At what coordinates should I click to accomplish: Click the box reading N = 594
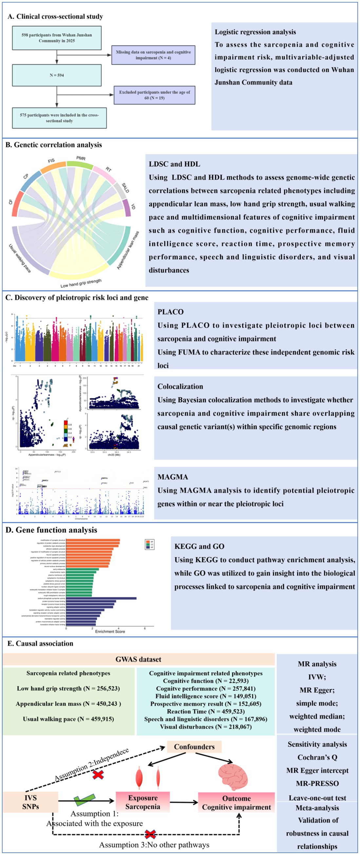click(57, 75)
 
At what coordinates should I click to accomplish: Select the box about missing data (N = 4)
click(153, 55)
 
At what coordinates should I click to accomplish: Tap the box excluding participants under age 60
click(154, 95)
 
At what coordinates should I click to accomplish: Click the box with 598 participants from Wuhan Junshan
click(57, 38)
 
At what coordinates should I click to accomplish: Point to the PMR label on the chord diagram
click(81, 158)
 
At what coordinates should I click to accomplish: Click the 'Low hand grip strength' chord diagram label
click(81, 283)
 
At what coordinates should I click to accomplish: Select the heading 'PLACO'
click(170, 312)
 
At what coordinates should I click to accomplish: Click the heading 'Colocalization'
click(180, 386)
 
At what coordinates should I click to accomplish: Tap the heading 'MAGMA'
click(173, 477)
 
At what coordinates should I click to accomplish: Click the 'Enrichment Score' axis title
click(110, 631)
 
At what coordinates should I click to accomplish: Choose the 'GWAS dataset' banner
click(139, 660)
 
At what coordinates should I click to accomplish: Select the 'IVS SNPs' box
click(30, 802)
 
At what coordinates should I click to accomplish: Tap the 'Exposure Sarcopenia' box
click(143, 802)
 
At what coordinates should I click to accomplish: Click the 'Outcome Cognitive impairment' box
click(237, 803)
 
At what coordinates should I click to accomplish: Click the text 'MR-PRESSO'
click(317, 783)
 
